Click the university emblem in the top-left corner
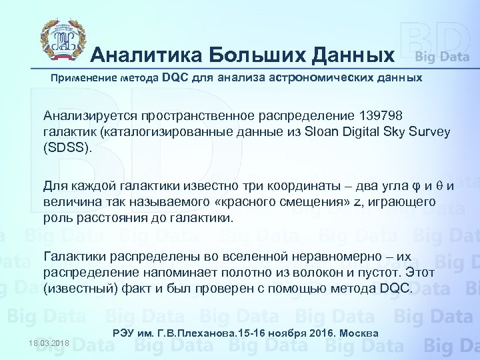(59, 40)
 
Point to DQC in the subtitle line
(175, 78)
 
